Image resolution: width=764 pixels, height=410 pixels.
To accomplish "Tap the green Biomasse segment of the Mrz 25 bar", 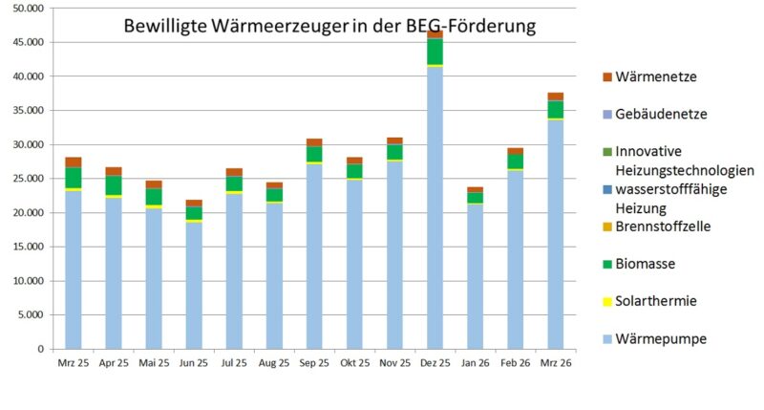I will (x=74, y=178).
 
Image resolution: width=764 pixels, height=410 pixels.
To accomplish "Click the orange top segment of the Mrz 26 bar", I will (x=555, y=97).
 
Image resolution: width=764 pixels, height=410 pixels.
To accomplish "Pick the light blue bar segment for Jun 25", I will (x=194, y=286).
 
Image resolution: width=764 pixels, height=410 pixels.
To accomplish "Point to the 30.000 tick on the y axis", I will (x=32, y=144).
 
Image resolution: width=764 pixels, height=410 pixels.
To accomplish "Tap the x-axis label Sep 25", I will (x=314, y=364).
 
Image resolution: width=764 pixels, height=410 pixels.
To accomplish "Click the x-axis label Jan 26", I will (x=475, y=364).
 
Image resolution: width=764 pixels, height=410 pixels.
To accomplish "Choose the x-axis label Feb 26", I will (x=515, y=364).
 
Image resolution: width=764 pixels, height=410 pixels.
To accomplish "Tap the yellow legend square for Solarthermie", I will (x=607, y=302).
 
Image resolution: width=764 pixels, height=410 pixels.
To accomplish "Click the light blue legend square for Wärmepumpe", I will (x=607, y=339).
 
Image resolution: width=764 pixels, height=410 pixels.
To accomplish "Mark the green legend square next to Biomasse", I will (x=607, y=264).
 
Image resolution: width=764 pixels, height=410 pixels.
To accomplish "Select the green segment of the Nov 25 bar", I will (x=394, y=152).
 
